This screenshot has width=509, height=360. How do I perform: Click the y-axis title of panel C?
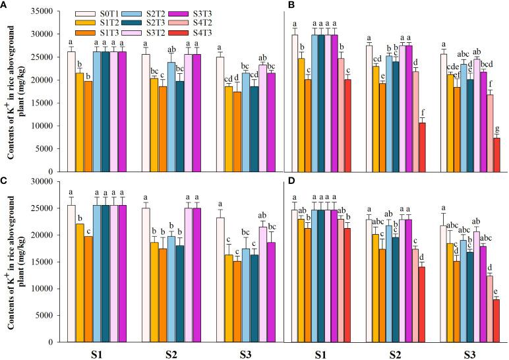15,261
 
